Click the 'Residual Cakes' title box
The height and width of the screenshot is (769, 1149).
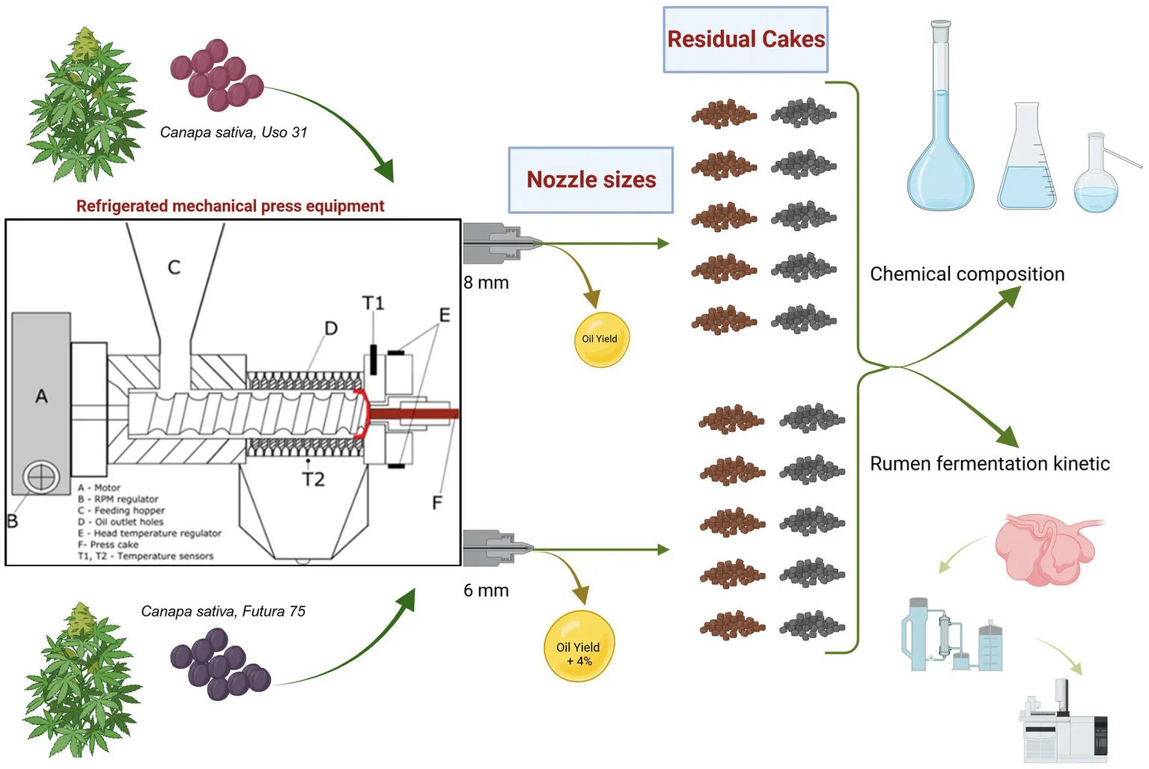coord(746,40)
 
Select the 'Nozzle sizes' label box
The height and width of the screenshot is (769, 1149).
coord(591,180)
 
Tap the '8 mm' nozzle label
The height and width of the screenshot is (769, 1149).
coord(486,283)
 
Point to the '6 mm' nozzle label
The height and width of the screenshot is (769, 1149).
coord(486,590)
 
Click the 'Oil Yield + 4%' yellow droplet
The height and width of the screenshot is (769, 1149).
coord(579,647)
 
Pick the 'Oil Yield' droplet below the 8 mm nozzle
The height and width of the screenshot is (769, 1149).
coord(600,339)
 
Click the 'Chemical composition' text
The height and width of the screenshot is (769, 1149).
coord(966,274)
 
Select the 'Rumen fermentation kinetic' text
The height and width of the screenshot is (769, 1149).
coord(989,464)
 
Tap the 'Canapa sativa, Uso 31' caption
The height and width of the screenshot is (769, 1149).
coord(234,132)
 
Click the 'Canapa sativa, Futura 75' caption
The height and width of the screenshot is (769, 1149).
coord(223,611)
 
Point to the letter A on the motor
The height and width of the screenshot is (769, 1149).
coord(42,396)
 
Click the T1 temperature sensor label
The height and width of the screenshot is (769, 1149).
coord(373,303)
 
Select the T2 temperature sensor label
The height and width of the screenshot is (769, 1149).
coord(314,480)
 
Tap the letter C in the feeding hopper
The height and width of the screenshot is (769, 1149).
coord(174,267)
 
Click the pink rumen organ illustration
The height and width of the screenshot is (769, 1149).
coord(1045,548)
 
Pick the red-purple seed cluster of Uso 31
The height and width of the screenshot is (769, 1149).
coord(216,75)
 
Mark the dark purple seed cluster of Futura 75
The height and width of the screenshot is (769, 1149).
coord(219,664)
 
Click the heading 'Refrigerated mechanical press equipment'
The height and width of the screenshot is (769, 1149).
coord(230,206)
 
